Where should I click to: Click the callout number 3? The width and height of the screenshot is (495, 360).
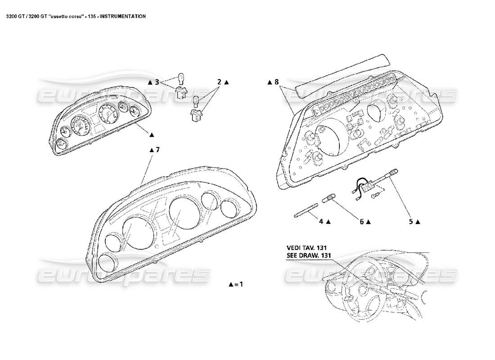click(x=157, y=82)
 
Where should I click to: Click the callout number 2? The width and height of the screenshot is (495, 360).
click(x=220, y=82)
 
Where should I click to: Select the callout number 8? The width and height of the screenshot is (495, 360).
click(x=277, y=82)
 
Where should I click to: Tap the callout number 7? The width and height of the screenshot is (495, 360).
click(x=157, y=150)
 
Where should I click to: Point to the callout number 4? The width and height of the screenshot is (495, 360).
click(x=321, y=221)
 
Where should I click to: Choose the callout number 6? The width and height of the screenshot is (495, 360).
click(x=361, y=221)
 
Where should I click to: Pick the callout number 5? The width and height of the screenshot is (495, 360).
click(x=411, y=221)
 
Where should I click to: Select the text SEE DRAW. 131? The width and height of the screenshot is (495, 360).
click(x=309, y=255)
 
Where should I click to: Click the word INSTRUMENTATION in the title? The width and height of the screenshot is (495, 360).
click(x=122, y=16)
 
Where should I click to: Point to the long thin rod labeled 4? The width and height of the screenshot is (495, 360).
click(x=306, y=210)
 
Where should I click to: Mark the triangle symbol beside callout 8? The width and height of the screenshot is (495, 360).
click(x=269, y=82)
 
